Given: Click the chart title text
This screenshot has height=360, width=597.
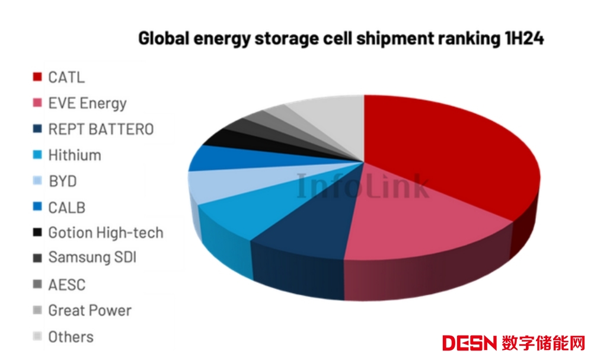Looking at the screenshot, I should [341, 39].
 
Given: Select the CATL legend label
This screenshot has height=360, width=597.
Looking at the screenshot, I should [66, 77].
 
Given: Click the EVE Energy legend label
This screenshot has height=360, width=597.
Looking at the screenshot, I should [87, 103].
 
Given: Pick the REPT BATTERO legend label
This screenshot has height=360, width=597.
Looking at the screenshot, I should [101, 129].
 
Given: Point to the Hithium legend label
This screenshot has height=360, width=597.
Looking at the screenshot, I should [75, 155].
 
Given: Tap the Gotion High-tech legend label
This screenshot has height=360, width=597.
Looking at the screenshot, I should [106, 233].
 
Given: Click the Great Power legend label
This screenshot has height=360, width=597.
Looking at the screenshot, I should [90, 310].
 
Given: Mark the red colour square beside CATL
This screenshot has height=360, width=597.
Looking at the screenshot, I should [37, 77].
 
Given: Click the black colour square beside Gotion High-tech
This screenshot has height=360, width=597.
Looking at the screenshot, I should [37, 233].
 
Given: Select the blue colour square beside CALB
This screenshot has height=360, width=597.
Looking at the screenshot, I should [37, 208].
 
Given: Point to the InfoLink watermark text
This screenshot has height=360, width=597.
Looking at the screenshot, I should [362, 185].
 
